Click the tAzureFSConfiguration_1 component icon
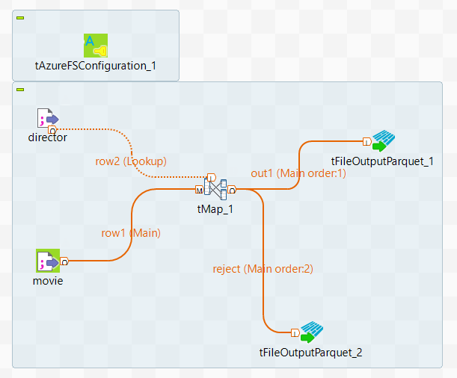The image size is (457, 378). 96,46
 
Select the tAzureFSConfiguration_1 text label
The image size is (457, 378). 96,65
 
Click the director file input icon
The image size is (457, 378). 47,119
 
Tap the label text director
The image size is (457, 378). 47,137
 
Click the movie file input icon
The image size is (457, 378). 48,261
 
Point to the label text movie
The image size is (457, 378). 48,281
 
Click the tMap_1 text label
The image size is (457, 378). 215,208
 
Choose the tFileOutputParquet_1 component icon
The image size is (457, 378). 384,140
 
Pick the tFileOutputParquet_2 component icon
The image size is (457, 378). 311,332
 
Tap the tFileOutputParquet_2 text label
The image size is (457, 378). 310,352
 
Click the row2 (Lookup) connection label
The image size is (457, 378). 126,161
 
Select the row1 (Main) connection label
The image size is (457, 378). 131,232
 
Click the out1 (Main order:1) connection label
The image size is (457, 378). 298,173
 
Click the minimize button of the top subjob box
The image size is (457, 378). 20,17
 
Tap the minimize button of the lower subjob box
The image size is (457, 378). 20,89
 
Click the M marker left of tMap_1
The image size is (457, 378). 199,190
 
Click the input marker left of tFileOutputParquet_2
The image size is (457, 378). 295,332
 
